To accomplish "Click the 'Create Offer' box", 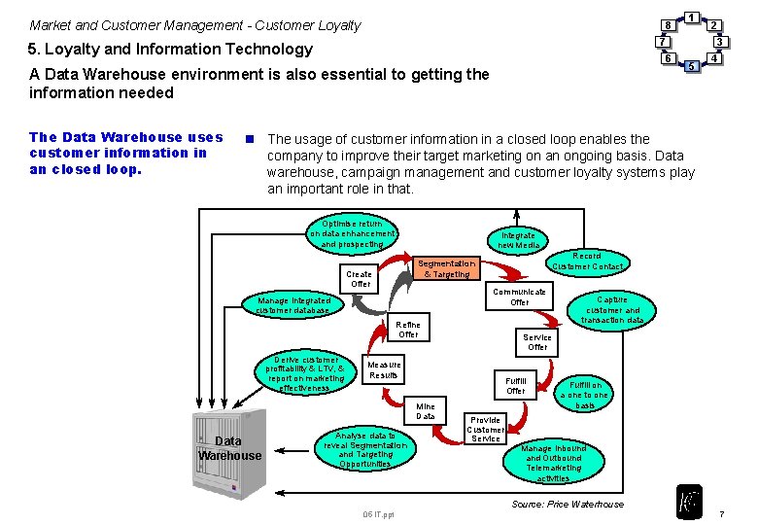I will tap(360, 279).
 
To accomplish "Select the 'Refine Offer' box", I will tap(408, 330).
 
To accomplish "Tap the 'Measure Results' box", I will tap(384, 369).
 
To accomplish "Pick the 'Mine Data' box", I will tap(426, 411).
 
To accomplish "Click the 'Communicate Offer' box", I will tap(520, 297).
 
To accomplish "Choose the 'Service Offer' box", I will tap(537, 342).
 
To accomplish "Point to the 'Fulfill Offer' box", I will tap(516, 385).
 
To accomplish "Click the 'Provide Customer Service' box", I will tap(485, 429).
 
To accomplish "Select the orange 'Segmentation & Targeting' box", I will tap(446, 268).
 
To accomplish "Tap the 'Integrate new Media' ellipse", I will tap(520, 240).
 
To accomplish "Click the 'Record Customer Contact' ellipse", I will tap(587, 261).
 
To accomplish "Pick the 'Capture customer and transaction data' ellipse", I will tap(612, 309).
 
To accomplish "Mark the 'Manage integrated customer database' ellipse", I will tap(293, 306).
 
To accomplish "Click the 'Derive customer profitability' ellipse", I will tap(306, 373).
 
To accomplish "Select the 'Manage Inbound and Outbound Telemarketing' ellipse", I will tap(553, 463).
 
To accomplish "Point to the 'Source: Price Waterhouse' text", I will tap(568, 504).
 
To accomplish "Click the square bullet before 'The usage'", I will tap(250, 139).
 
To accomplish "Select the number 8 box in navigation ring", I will tap(667, 24).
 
